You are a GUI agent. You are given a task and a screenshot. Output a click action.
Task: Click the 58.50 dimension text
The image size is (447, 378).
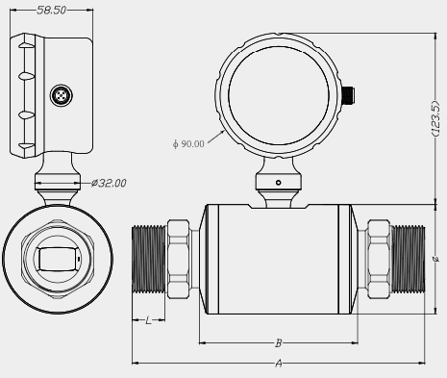[x=51, y=11]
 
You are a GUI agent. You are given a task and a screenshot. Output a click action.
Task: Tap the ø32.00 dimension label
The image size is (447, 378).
[x=109, y=183]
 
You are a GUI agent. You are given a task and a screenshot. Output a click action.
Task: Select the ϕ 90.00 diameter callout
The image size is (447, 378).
[x=188, y=144]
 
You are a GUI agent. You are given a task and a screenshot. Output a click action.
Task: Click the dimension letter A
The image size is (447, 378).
[x=279, y=364]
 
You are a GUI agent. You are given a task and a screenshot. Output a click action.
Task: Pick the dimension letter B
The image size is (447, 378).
[x=279, y=343]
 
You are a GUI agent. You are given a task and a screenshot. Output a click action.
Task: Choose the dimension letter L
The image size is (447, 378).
[x=148, y=320]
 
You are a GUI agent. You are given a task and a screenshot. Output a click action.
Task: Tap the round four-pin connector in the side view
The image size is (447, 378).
[x=61, y=95]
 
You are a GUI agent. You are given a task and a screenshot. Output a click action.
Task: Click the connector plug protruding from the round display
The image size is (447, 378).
[x=349, y=96]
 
